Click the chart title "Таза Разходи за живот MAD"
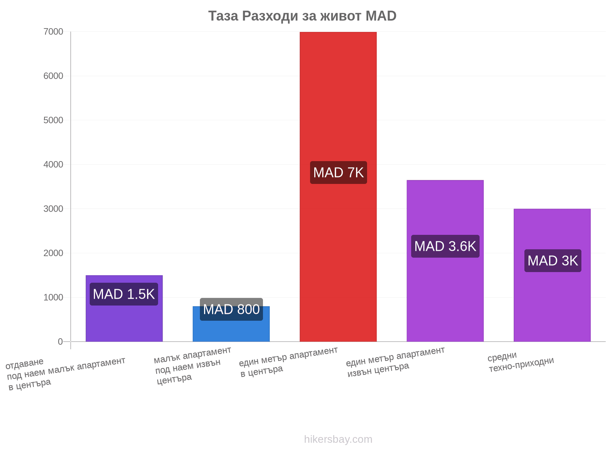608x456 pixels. [302, 16]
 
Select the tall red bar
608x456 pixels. [338, 187]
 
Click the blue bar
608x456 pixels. [231, 324]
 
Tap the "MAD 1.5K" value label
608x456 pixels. [124, 294]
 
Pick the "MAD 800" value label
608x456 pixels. [231, 309]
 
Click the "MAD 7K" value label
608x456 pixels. [338, 173]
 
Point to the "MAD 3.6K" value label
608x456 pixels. [445, 246]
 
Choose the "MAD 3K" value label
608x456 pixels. [553, 261]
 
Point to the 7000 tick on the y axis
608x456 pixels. [53, 32]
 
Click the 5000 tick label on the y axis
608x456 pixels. [53, 120]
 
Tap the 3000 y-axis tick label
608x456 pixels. [53, 209]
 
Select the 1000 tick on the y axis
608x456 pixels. [53, 298]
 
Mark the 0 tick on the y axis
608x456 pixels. [60, 342]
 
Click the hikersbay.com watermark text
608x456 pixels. [338, 439]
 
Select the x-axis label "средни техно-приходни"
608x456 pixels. [521, 362]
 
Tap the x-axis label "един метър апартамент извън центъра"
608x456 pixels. [396, 362]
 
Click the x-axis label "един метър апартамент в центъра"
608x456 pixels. [288, 362]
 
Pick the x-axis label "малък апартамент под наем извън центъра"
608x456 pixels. [193, 366]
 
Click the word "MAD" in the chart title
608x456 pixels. [381, 16]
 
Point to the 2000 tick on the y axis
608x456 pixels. [53, 253]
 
